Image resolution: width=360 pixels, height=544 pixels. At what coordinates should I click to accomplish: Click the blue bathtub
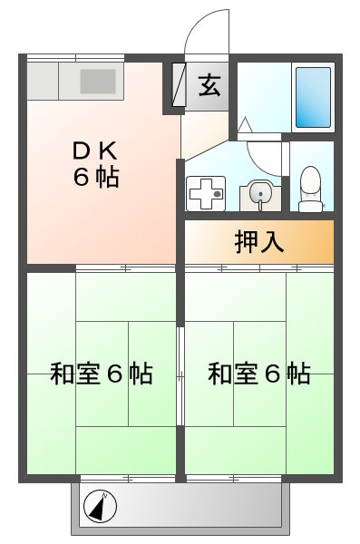click(x=314, y=96)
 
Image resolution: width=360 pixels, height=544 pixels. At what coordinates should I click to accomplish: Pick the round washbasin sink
click(x=258, y=193)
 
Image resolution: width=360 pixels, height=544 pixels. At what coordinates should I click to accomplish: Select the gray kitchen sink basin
click(x=98, y=83)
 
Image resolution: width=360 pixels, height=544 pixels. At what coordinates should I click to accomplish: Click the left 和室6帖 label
click(x=100, y=373)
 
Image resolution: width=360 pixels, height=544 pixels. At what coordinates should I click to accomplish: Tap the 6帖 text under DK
click(x=95, y=177)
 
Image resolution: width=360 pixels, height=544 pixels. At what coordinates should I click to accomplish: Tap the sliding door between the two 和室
click(x=180, y=372)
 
